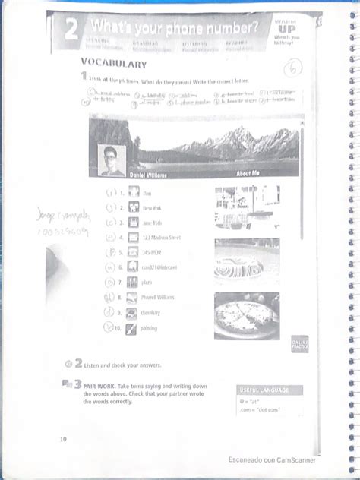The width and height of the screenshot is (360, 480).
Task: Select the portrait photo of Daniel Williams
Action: point(111,160)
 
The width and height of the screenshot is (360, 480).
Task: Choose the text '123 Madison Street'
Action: point(162,237)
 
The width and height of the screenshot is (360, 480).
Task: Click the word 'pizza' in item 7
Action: point(148,283)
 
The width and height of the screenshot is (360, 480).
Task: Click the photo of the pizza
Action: point(246,315)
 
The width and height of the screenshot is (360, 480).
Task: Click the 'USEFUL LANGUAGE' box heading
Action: point(263,390)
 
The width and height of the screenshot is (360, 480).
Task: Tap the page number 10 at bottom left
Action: point(62,439)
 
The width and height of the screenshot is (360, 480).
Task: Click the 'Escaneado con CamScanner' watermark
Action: point(271,459)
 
